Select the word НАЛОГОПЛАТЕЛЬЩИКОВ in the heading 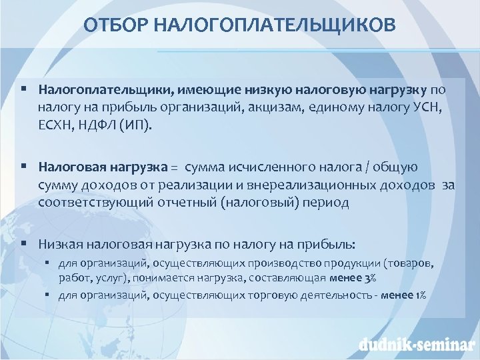point(274,25)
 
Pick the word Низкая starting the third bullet point(58,245)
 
